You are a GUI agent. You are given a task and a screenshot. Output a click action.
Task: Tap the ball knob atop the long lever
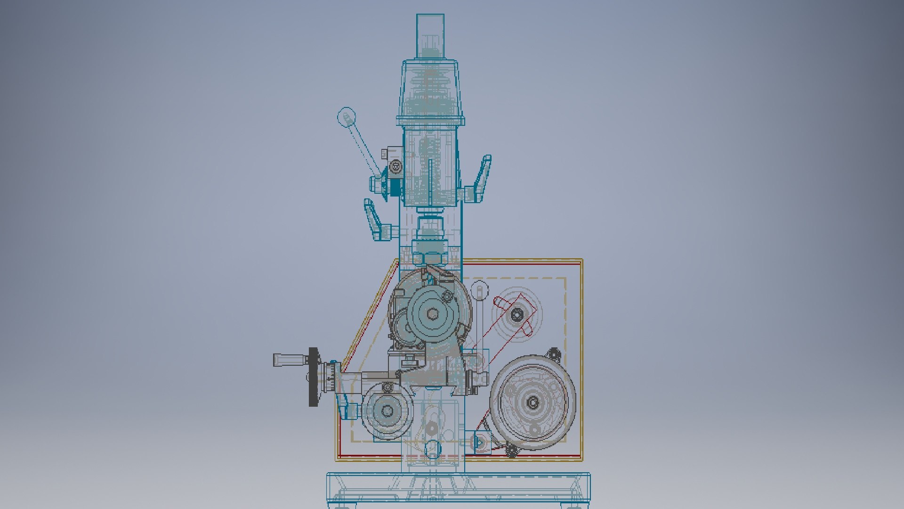pyautogui.click(x=347, y=116)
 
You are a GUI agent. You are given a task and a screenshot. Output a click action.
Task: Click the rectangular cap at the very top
pyautogui.click(x=430, y=35)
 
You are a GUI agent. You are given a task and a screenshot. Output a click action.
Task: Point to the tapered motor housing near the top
pyautogui.click(x=430, y=90)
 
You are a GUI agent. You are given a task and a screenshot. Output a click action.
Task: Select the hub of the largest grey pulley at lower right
pyautogui.click(x=533, y=402)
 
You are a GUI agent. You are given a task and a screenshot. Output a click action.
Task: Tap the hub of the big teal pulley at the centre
pyautogui.click(x=432, y=313)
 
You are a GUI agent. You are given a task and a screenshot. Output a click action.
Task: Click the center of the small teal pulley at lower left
pyautogui.click(x=387, y=411)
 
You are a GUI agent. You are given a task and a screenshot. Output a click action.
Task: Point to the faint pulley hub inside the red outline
pyautogui.click(x=517, y=313)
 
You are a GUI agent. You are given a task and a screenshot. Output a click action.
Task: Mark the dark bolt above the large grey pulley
pyautogui.click(x=554, y=354)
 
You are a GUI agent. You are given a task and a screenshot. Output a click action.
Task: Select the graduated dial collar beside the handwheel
pyautogui.click(x=331, y=377)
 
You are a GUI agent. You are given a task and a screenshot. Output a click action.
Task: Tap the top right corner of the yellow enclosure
pyautogui.click(x=581, y=260)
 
